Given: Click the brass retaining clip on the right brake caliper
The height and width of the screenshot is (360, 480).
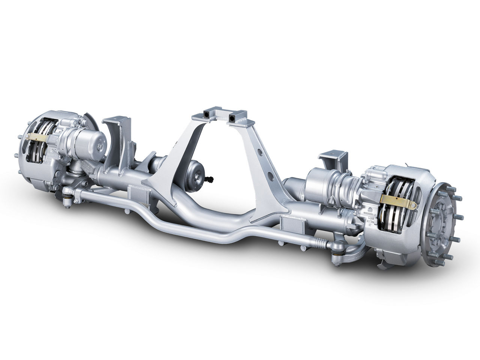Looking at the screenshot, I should [398, 201].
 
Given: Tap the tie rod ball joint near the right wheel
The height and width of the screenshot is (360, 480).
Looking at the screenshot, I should [335, 246].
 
